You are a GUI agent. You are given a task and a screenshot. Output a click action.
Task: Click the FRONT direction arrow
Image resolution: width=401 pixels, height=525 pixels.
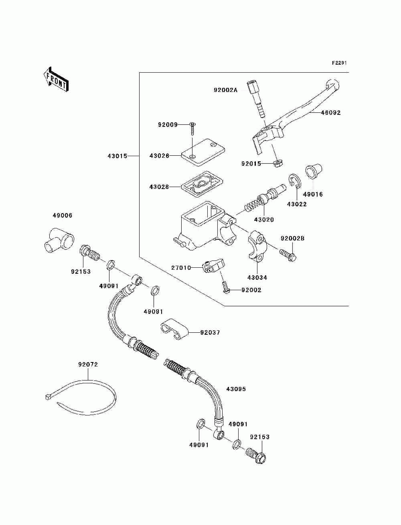click(x=56, y=79)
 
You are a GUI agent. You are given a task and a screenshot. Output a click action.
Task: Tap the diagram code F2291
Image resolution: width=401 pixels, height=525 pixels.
click(x=339, y=63)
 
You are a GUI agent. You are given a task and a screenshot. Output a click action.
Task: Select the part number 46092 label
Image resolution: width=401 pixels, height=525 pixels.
click(x=331, y=112)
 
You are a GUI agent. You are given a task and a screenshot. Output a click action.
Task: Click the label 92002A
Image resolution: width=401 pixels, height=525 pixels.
click(x=226, y=90)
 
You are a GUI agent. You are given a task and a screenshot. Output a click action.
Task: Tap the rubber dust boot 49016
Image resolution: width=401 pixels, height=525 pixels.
click(x=313, y=171)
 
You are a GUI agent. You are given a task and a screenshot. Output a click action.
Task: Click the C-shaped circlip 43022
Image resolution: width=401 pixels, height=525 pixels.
click(x=294, y=181)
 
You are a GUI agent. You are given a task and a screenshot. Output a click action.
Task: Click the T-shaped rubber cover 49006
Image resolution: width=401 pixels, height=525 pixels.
click(x=59, y=240)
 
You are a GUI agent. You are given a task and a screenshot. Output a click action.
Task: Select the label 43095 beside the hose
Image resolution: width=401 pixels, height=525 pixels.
click(x=236, y=389)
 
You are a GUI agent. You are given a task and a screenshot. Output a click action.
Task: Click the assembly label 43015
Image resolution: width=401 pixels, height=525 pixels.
click(x=117, y=156)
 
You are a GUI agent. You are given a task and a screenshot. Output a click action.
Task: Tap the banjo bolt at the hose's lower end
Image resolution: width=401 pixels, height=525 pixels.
click(x=256, y=458)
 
